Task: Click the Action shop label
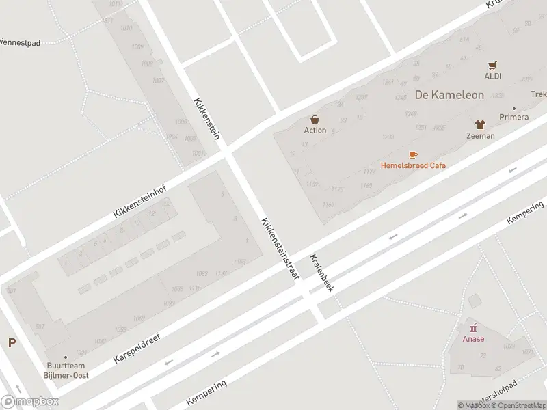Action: [x=315, y=130]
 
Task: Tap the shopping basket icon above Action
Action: [x=315, y=119]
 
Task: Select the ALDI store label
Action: [x=493, y=76]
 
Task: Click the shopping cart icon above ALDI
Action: [x=493, y=66]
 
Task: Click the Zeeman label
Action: [x=481, y=136]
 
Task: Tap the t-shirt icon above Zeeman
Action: [x=481, y=125]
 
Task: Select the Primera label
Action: [x=513, y=117]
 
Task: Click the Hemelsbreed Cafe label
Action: [x=413, y=165]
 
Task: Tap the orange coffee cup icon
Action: [x=413, y=155]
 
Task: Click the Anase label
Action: [x=473, y=339]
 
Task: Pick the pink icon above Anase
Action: [x=473, y=328]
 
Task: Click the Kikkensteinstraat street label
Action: [x=280, y=248]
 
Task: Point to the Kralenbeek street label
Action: [x=321, y=273]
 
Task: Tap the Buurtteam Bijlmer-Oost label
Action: [x=66, y=370]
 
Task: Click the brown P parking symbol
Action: [x=12, y=343]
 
